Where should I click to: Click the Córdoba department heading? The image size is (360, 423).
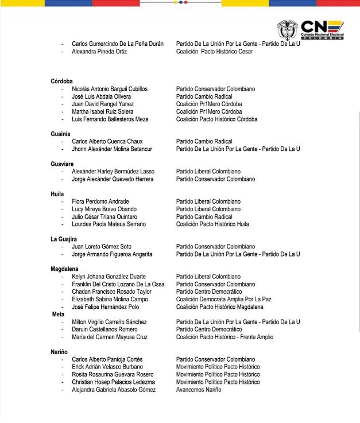coord(61,82)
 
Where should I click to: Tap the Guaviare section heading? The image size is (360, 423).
coord(62,164)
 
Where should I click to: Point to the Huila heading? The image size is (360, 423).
coord(57,194)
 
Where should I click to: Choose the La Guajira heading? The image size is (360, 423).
coord(64,239)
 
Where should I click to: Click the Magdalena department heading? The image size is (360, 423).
coord(65,269)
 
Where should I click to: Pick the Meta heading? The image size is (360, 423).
coord(58,314)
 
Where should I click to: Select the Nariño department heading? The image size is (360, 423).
coord(60,352)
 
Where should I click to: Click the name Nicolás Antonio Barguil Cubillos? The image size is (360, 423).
coord(110,89)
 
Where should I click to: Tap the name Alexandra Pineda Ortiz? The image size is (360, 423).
coord(99,52)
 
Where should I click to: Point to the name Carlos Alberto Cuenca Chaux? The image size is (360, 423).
coord(107,141)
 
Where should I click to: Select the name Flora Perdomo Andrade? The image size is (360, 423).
coord(100,201)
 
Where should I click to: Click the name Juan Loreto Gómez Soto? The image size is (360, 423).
coord(102,247)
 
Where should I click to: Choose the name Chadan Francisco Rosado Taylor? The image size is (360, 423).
coord(111,292)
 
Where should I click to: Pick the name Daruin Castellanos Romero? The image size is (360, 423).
coord(104,329)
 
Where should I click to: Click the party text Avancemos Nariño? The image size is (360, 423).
coord(199,390)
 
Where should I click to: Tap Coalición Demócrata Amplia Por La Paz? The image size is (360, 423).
coord(223,299)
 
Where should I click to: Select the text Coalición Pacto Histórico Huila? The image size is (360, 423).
coord(212,224)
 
